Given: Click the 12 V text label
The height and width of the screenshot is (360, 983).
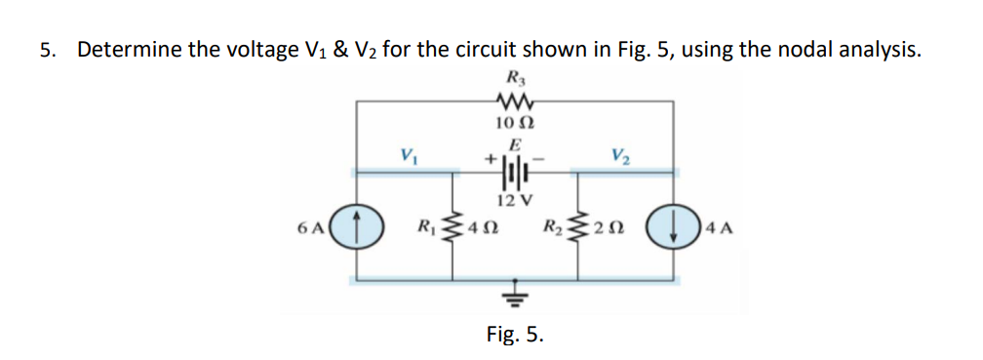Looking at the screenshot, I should pyautogui.click(x=513, y=202).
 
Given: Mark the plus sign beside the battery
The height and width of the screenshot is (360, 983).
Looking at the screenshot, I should pyautogui.click(x=485, y=155).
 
